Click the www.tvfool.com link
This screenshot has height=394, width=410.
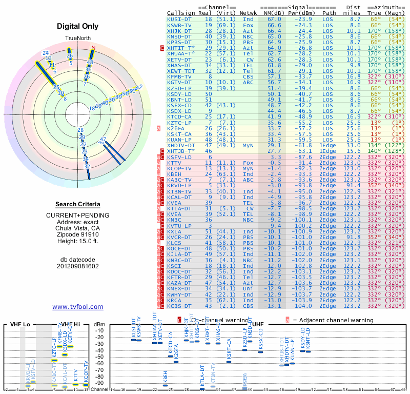tap(78, 307)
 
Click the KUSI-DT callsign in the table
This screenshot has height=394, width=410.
tap(179, 19)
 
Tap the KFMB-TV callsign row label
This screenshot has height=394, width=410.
tap(179, 76)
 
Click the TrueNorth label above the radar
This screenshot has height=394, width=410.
tap(78, 38)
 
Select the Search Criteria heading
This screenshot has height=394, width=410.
tap(78, 204)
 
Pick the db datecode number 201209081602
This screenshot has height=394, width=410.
tap(78, 266)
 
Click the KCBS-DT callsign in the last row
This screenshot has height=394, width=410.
tap(179, 306)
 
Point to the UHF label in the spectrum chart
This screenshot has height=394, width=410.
tap(259, 324)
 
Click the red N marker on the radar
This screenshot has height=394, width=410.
tap(93, 48)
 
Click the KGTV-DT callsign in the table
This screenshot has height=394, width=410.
tap(179, 82)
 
